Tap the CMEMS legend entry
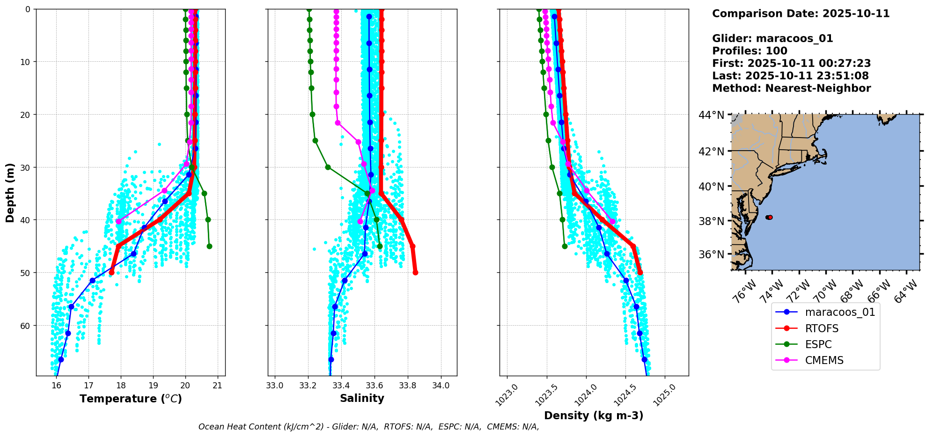[x=824, y=360]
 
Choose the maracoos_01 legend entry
[x=839, y=312]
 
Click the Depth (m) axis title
[x=10, y=192]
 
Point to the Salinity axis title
[x=362, y=398]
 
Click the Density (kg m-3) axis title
[x=594, y=415]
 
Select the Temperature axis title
[x=131, y=399]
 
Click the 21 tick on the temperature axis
[x=217, y=386]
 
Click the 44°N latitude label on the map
[x=711, y=115]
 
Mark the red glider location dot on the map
[x=770, y=217]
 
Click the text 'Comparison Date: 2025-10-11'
[x=801, y=14]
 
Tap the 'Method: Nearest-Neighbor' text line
[x=791, y=88]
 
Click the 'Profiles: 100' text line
[x=750, y=51]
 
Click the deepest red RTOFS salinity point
[x=415, y=272]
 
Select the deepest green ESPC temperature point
[x=209, y=246]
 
